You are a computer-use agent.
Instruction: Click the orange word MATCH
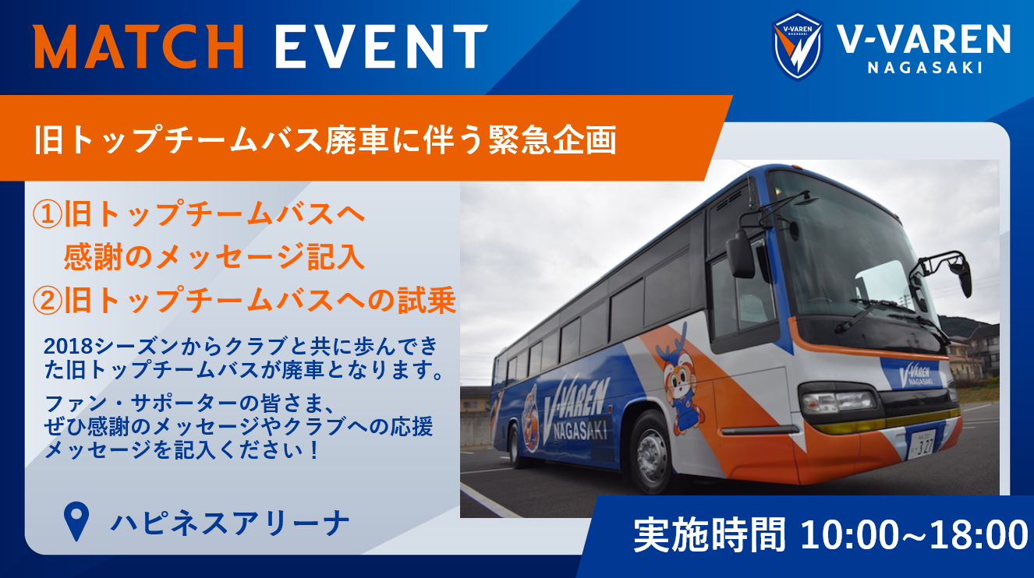139,46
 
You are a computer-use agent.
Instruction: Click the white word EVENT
381,46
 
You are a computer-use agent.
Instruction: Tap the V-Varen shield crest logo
798,45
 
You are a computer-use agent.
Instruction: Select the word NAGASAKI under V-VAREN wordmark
925,68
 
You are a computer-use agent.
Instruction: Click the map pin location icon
76,521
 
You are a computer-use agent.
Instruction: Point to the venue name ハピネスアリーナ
229,523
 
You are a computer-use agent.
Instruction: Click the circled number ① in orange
47,214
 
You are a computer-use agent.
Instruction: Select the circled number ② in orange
47,301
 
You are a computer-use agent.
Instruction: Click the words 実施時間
709,535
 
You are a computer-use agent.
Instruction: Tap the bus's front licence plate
922,444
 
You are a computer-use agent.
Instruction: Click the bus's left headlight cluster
837,402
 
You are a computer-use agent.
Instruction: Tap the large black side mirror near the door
740,253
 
